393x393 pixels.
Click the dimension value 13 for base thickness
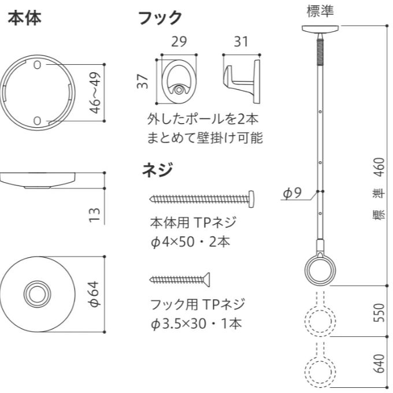95,216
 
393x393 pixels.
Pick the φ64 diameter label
95,295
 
